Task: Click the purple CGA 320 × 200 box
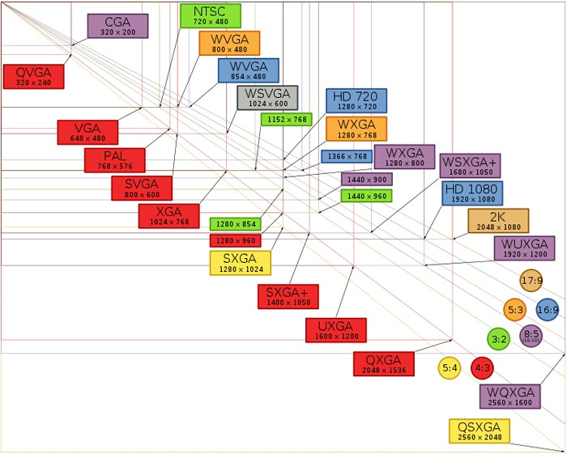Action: pyautogui.click(x=118, y=26)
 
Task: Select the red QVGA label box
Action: pyautogui.click(x=34, y=77)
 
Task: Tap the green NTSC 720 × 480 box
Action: pyautogui.click(x=211, y=16)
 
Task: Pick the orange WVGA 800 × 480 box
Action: pyautogui.click(x=229, y=44)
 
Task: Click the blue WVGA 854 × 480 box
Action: pyautogui.click(x=249, y=70)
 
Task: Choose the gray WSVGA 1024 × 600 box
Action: pyautogui.click(x=267, y=98)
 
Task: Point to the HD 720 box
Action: pyautogui.click(x=356, y=101)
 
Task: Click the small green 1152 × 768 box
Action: pyautogui.click(x=287, y=120)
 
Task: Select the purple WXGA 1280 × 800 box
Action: pyautogui.click(x=405, y=157)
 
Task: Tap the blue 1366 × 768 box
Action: pyautogui.click(x=347, y=157)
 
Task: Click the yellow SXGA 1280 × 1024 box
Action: pyautogui.click(x=241, y=263)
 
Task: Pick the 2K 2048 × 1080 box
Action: pyautogui.click(x=498, y=221)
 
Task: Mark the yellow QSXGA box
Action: pyautogui.click(x=480, y=431)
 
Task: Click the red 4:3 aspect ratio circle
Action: pyautogui.click(x=483, y=368)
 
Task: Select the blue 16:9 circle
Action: pyautogui.click(x=548, y=309)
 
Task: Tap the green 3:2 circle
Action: pyautogui.click(x=499, y=339)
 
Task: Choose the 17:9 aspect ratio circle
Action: pyautogui.click(x=531, y=281)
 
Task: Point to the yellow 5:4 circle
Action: pyautogui.click(x=450, y=368)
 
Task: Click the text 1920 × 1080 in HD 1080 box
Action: pyautogui.click(x=472, y=199)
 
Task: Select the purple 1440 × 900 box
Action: pyautogui.click(x=367, y=180)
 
